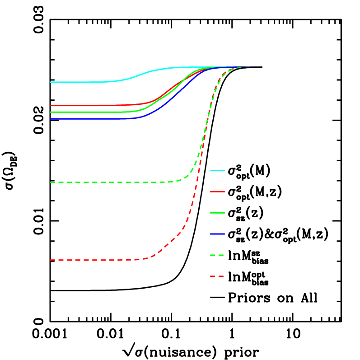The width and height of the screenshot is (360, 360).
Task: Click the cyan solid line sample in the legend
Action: (x=217, y=171)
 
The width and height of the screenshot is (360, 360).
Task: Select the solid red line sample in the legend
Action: (x=217, y=192)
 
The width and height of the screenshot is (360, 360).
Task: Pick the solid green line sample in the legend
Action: (x=217, y=213)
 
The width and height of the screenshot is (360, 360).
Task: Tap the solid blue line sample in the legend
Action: (x=217, y=234)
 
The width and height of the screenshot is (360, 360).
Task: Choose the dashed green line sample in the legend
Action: (x=217, y=255)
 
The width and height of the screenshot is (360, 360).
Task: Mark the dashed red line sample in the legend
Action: (x=217, y=276)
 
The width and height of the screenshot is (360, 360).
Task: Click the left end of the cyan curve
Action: (x=51, y=82)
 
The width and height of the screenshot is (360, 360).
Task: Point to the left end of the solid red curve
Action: (x=51, y=106)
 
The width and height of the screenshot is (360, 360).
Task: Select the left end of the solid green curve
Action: (x=51, y=112)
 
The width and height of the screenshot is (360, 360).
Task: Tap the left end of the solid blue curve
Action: (x=51, y=119)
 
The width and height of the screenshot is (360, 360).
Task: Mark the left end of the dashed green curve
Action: (x=51, y=182)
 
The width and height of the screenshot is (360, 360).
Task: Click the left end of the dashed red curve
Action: (x=51, y=260)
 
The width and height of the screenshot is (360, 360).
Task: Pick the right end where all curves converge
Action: (x=261, y=67)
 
